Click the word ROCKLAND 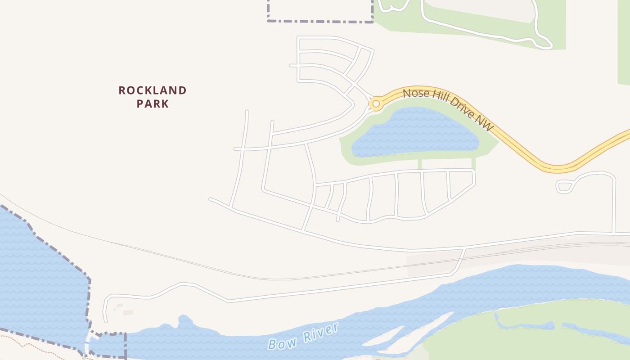point(153,90)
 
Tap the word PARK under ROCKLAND point(153,104)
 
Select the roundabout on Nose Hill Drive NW point(376,104)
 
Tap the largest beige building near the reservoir point(128,312)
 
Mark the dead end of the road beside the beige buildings point(106,321)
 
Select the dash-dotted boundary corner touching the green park point(373,21)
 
